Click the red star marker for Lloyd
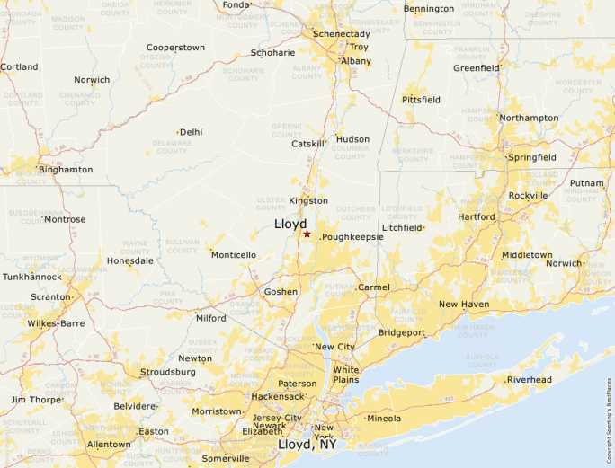point(307,234)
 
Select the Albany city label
point(356,61)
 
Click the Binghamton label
point(66,169)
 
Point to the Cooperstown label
point(176,47)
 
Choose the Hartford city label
point(476,216)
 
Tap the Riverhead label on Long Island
point(530,380)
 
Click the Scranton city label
point(50,296)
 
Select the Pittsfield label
point(421,100)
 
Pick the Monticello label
point(234,255)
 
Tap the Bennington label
point(429,9)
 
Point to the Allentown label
point(109,445)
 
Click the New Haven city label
point(464,305)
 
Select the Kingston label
point(308,200)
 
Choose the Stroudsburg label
point(168,372)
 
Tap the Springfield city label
point(532,157)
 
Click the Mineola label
point(385,419)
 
